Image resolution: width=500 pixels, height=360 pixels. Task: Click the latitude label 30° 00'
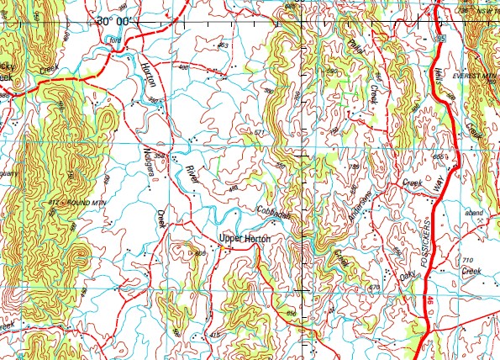point(119,20)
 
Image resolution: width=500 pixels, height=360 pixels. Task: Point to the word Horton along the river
point(150,77)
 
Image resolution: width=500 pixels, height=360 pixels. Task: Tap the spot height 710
point(468,260)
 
